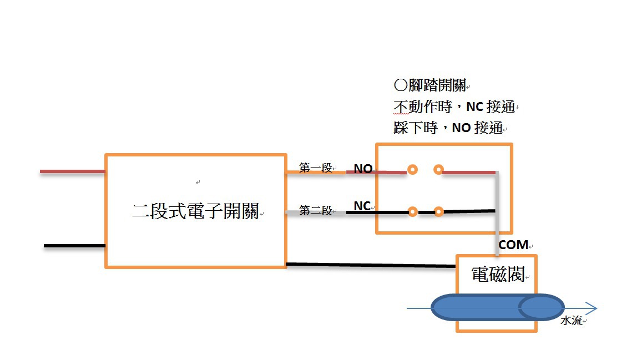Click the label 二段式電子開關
coord(195,211)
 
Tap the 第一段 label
coord(315,168)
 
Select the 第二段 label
coord(315,211)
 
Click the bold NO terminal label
coord(363,169)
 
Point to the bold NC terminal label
coord(362,206)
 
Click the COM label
coord(513,245)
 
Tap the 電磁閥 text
coord(497,274)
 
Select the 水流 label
coord(571,321)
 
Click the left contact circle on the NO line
coord(412,169)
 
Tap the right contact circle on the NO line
coord(438,169)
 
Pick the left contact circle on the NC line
coord(412,211)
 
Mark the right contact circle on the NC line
coord(438,211)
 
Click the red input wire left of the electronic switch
coord(72,171)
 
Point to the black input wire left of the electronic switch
coord(74,246)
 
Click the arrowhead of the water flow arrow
coord(590,308)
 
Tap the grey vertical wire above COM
coord(497,222)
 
